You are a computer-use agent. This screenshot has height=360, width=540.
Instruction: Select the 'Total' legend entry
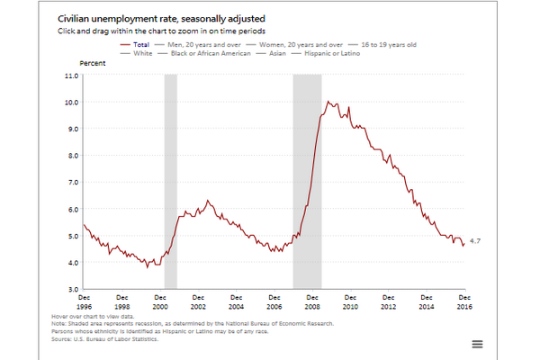140,42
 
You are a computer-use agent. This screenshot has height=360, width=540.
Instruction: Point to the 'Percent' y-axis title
94,64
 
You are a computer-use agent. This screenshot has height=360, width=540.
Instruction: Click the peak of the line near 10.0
328,102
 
